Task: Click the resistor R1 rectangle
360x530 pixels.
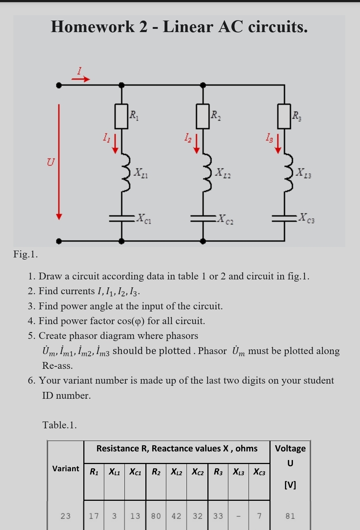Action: coord(122,116)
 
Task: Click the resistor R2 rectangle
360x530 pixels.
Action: coord(203,116)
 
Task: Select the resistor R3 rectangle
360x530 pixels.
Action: coord(284,116)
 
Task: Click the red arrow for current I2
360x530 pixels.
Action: coord(197,144)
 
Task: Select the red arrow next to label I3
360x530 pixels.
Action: coord(278,144)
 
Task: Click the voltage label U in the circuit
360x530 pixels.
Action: coord(51,162)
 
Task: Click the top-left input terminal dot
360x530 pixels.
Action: coord(59,85)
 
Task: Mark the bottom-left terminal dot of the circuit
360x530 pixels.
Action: coord(59,241)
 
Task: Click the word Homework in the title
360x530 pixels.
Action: coord(92,27)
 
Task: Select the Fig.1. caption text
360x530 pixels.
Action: coord(25,254)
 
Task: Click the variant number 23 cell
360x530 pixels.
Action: coord(66,516)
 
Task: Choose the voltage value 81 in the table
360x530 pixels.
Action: coord(290,516)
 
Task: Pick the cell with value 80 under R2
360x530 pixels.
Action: coord(156,516)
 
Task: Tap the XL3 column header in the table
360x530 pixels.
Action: coord(238,472)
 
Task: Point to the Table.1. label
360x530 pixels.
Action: coord(60,425)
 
